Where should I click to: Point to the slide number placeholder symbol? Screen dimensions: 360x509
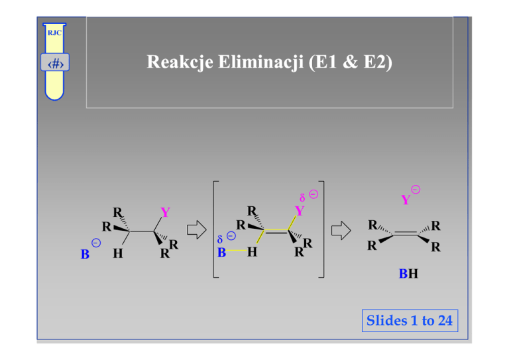(x=54, y=65)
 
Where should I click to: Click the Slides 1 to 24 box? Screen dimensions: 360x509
(x=409, y=321)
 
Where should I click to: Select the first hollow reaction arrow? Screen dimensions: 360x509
(x=196, y=231)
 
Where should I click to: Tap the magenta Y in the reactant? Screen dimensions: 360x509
(x=165, y=213)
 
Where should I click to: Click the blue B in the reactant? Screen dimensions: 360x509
(x=85, y=254)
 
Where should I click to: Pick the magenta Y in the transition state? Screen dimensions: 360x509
(x=300, y=211)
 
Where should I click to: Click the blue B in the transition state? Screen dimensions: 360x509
(x=222, y=252)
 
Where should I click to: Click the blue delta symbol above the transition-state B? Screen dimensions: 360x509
(x=221, y=237)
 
